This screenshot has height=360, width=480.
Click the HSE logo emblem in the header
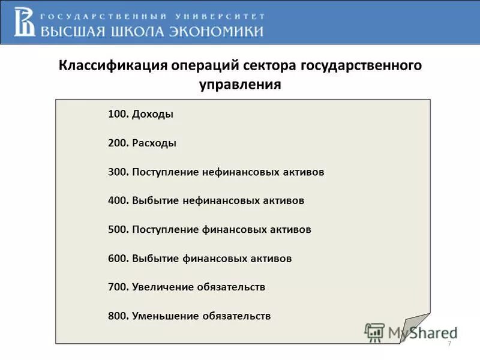click(x=26, y=22)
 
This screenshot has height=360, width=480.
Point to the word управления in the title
click(x=240, y=85)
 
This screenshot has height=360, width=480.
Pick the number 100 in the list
click(x=118, y=115)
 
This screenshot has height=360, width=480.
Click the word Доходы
click(x=153, y=115)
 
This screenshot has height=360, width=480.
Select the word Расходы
click(x=155, y=143)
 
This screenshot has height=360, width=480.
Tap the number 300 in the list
click(x=118, y=172)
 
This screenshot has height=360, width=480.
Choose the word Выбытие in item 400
click(x=155, y=201)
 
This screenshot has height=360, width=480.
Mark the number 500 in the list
click(x=118, y=230)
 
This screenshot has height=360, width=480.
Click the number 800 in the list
click(x=118, y=316)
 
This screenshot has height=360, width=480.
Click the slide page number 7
click(x=449, y=343)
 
